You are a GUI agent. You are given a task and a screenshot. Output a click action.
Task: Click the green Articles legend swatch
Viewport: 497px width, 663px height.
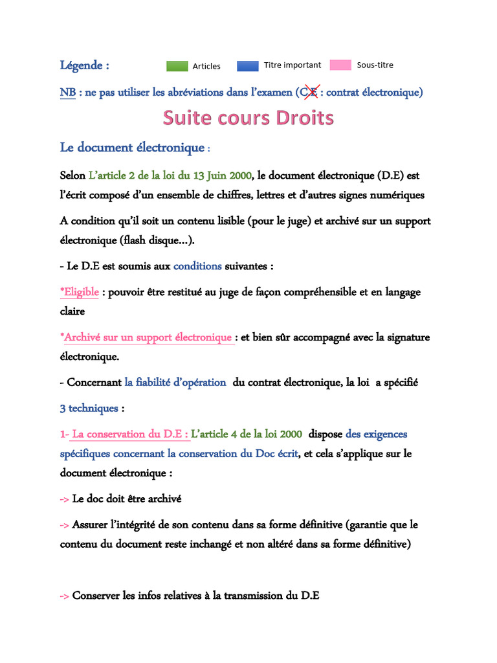click(x=177, y=65)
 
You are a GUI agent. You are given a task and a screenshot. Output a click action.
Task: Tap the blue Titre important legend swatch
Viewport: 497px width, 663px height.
click(x=247, y=65)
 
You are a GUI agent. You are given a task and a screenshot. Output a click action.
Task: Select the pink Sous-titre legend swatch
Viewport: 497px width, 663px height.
click(x=340, y=65)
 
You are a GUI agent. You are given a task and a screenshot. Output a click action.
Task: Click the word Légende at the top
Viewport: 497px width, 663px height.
click(x=81, y=65)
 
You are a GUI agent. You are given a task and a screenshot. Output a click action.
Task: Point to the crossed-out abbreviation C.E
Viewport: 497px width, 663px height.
click(x=307, y=92)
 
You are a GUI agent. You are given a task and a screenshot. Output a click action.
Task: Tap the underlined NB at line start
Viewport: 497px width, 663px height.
click(x=67, y=93)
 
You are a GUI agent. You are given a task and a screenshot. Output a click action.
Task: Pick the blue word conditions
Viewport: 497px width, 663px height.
click(x=197, y=266)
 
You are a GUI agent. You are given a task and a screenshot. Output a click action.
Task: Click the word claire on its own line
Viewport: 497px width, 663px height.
click(x=72, y=311)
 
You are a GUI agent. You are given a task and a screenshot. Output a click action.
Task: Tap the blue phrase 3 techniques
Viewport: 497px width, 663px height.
click(x=89, y=409)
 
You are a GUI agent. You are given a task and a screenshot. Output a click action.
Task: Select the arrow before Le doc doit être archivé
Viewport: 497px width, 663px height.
click(x=65, y=499)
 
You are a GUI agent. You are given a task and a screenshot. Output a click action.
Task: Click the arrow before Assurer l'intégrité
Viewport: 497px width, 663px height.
click(x=65, y=525)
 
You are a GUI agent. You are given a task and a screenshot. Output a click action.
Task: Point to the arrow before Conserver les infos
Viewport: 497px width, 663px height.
click(x=65, y=596)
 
